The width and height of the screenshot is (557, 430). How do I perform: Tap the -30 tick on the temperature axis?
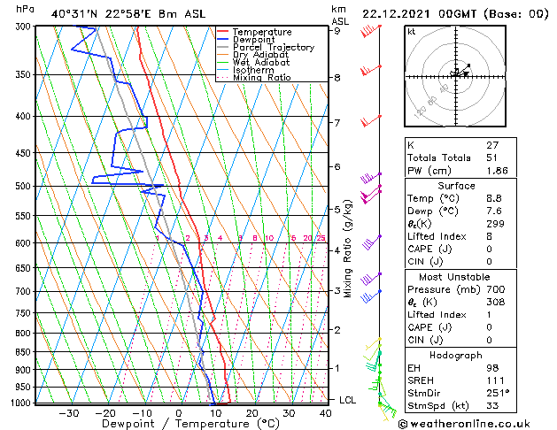(68, 412)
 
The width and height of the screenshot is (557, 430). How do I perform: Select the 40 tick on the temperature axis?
(326, 412)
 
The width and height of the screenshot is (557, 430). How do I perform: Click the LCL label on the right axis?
(347, 400)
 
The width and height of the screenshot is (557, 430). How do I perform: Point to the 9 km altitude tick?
(337, 30)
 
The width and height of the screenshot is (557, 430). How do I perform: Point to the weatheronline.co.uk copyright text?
(476, 423)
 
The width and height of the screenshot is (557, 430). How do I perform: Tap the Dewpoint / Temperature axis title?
(179, 424)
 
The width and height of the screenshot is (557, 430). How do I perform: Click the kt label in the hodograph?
(411, 31)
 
